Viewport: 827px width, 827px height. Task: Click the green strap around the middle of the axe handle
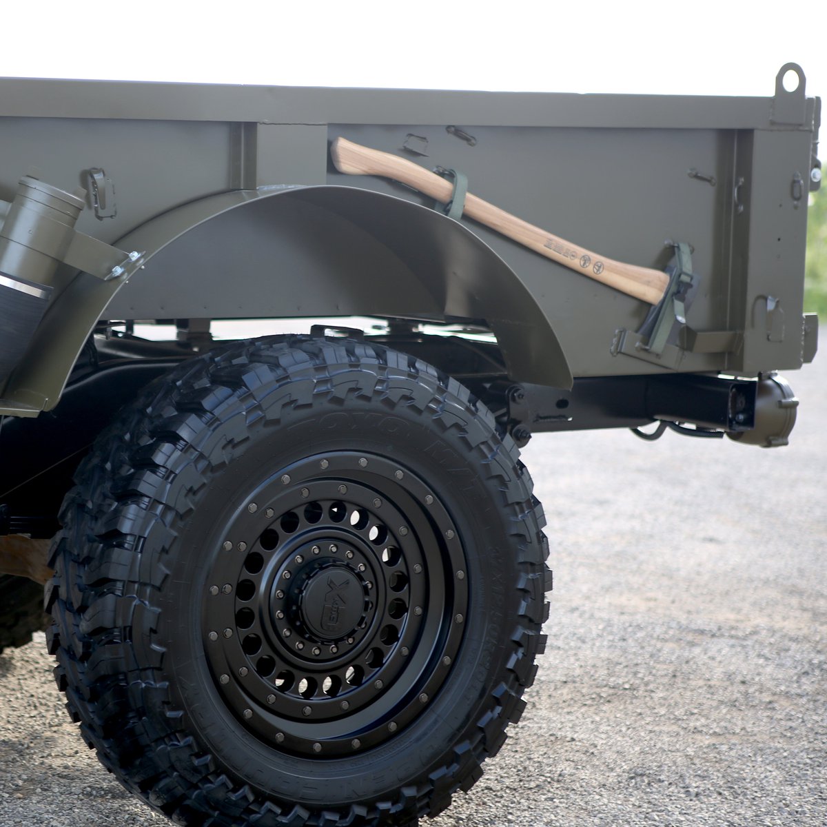click(456, 193)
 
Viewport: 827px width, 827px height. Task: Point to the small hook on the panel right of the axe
click(702, 177)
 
